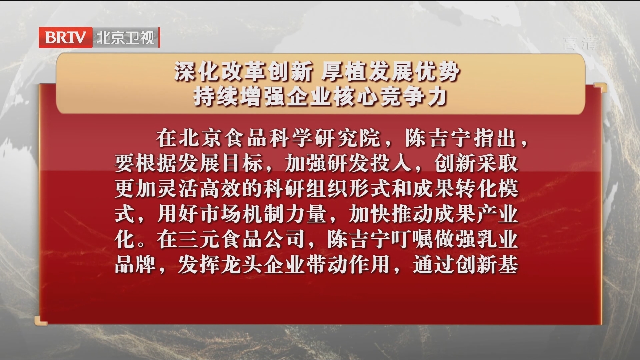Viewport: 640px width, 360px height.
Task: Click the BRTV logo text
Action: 65,38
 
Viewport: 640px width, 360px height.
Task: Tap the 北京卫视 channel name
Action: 126,38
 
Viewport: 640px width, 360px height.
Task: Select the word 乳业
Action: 497,239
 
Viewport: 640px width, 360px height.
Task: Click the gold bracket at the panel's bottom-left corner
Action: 40,321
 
